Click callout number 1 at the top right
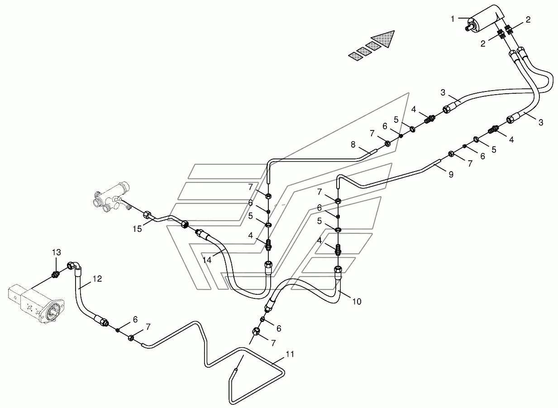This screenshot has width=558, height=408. (453, 19)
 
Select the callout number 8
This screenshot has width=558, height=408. (353, 144)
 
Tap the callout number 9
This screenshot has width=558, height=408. (451, 174)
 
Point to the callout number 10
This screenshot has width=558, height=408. (357, 301)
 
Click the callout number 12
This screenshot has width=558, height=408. (98, 279)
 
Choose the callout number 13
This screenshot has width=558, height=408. (56, 252)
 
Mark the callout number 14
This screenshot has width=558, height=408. (207, 260)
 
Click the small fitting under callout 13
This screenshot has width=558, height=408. (56, 274)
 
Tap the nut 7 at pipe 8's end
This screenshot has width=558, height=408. (388, 144)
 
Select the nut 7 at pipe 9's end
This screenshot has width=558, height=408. (452, 154)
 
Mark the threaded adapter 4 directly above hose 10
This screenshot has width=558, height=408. (338, 249)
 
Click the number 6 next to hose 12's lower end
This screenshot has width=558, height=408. (135, 319)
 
